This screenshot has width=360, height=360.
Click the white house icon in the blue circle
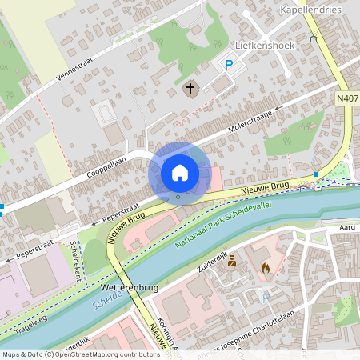point(180,172)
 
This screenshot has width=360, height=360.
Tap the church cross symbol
point(190,88)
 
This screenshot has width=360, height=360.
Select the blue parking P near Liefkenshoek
point(228,66)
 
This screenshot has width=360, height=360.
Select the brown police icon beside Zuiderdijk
point(232,261)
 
